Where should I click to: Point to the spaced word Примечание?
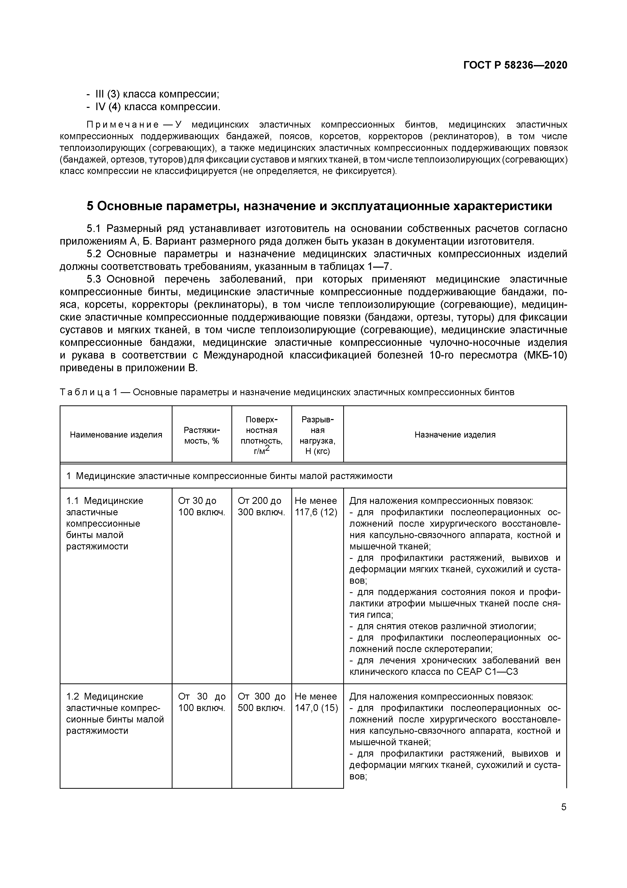point(122,125)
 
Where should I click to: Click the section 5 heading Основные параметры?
point(319,206)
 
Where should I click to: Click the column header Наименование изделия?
point(116,435)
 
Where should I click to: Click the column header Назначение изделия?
point(455,435)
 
